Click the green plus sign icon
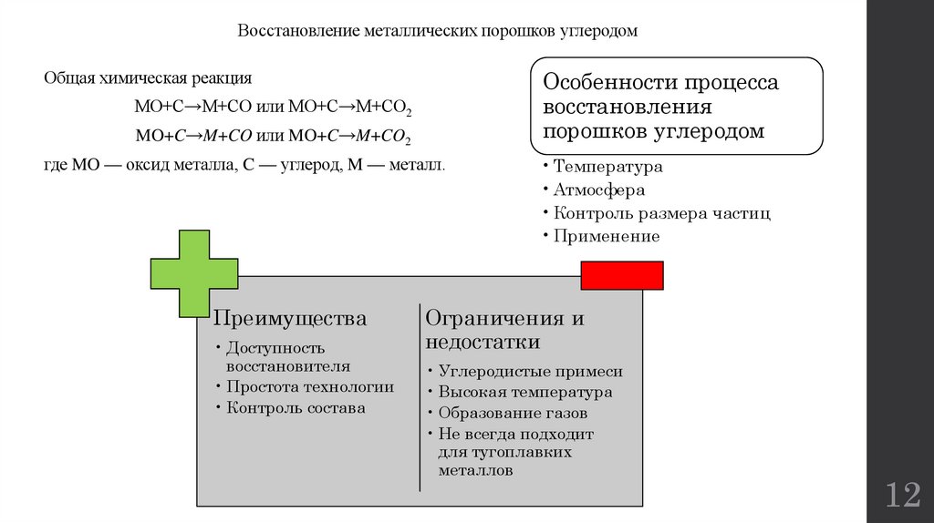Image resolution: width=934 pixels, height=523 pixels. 194,273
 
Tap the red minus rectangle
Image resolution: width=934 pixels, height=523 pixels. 622,275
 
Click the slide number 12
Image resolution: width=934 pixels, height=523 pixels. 902,497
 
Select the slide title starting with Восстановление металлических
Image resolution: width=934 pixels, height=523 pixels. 438,31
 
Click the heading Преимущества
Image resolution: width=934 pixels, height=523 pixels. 290,319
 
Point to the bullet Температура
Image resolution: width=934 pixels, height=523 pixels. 607,168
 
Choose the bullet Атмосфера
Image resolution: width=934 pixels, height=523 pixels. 598,190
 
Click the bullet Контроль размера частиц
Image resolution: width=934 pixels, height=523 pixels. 661,213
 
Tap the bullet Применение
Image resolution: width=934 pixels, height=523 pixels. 606,236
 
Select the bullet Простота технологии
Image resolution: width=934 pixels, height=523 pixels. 310,386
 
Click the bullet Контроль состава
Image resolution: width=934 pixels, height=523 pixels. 296,408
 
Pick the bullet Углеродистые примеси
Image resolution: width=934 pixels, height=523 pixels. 530,371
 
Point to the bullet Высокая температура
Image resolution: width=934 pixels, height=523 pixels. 524,393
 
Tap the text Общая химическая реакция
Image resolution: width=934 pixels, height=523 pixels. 148,78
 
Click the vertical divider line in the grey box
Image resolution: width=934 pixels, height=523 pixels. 420,396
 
